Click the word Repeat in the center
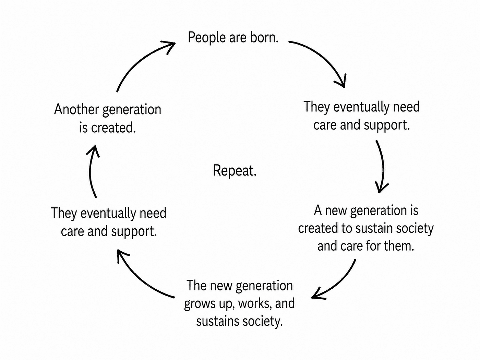tap(234, 171)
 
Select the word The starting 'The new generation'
tap(196, 286)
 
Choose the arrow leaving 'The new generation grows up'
tap(140, 282)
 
